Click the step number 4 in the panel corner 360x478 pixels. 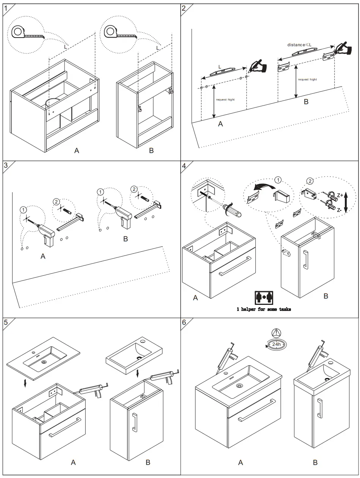(x=184, y=166)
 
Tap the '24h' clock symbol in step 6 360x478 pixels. (x=276, y=344)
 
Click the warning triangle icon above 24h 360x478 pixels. (x=276, y=332)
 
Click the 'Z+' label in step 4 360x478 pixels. (x=340, y=195)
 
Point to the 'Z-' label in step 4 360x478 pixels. (x=340, y=210)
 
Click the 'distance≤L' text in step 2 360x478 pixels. (x=299, y=45)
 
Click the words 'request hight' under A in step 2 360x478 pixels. (x=225, y=99)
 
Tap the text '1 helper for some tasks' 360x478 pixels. (x=264, y=309)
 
